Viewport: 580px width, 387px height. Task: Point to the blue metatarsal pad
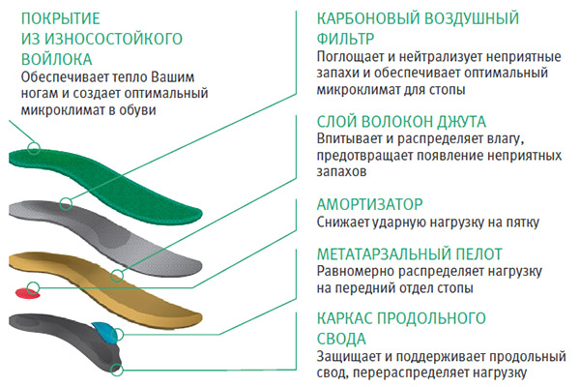click(x=101, y=332)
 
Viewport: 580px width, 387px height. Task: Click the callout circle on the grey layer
click(x=66, y=204)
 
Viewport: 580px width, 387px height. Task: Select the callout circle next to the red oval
click(x=32, y=285)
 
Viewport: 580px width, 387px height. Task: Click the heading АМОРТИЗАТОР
click(x=370, y=204)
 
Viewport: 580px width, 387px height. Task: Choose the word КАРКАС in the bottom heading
click(x=346, y=317)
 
